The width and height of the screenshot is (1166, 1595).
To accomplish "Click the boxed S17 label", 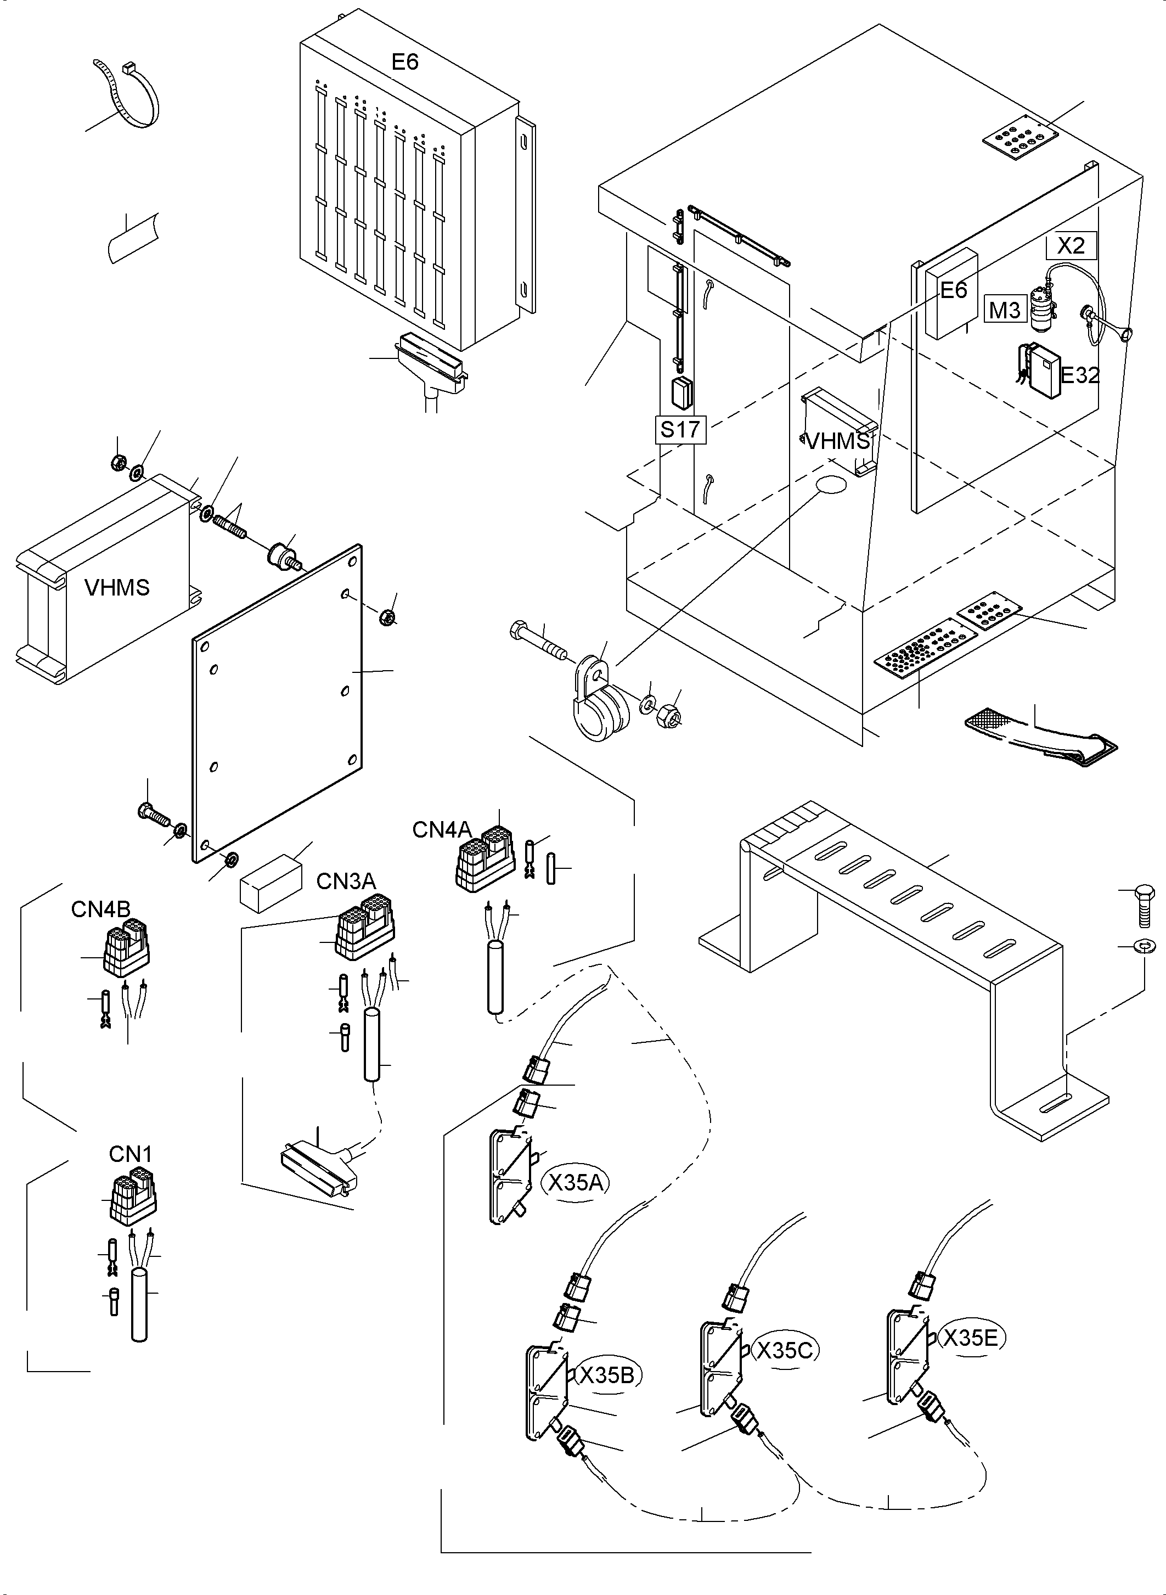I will (x=680, y=429).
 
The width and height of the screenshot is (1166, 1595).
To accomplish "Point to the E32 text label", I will (x=1080, y=375).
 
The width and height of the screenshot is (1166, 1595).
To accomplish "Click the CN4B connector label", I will (x=100, y=909).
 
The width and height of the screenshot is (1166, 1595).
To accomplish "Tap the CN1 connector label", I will (x=130, y=1154).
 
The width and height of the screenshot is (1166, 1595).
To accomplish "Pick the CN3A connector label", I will (x=346, y=881).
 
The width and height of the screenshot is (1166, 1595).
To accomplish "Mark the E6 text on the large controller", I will (x=405, y=62).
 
